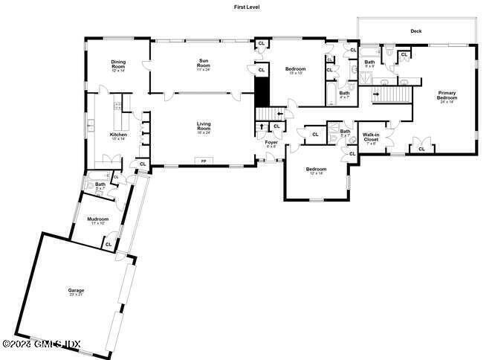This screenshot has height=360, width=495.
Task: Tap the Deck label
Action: tap(415, 31)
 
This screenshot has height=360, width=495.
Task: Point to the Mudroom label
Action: tap(98, 219)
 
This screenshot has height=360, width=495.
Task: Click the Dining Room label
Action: tap(118, 64)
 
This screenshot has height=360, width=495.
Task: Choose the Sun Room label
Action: tap(204, 63)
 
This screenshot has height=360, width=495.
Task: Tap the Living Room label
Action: tap(204, 126)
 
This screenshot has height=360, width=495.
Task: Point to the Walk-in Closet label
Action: tap(371, 137)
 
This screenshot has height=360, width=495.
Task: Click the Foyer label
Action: tap(271, 142)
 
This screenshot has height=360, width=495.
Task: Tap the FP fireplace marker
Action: tap(203, 160)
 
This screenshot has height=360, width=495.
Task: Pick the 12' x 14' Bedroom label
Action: tap(316, 170)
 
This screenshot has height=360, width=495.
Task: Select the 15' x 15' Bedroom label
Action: tap(295, 71)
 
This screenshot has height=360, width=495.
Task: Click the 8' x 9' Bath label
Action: tap(369, 63)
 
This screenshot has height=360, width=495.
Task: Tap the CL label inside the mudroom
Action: tap(109, 243)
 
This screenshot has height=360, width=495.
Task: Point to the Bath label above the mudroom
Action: tap(100, 185)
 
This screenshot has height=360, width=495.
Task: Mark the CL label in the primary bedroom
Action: tap(421, 149)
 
